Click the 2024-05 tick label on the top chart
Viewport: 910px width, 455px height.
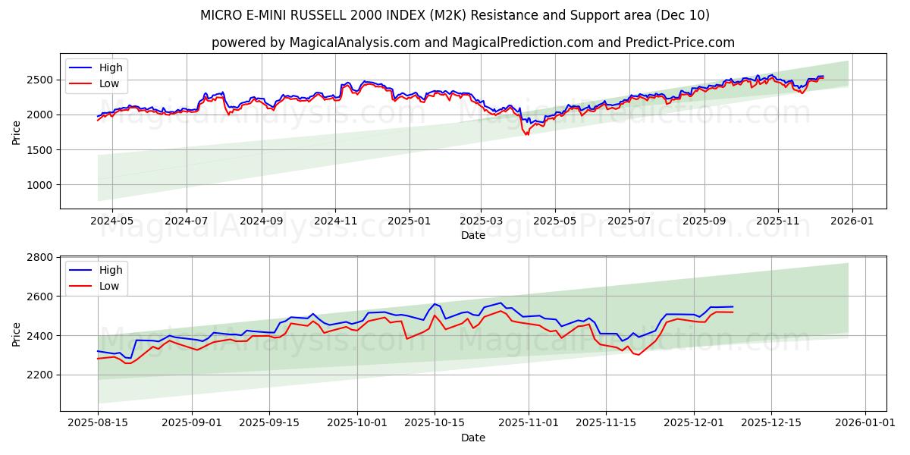111,221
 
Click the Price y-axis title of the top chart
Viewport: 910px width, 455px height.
17,131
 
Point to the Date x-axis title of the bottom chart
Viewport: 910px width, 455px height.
472,438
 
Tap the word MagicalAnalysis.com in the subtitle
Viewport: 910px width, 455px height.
355,42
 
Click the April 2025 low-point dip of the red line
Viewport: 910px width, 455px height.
526,134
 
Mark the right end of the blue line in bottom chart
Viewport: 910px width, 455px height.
733,306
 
